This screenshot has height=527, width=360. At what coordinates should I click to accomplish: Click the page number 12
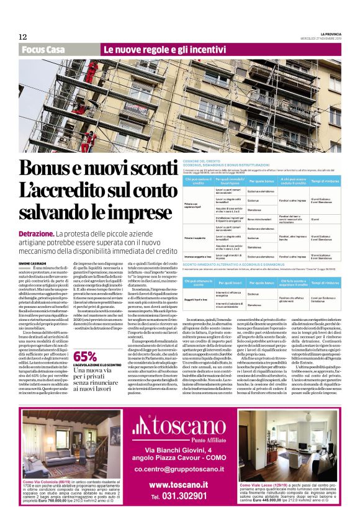coord(22,37)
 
